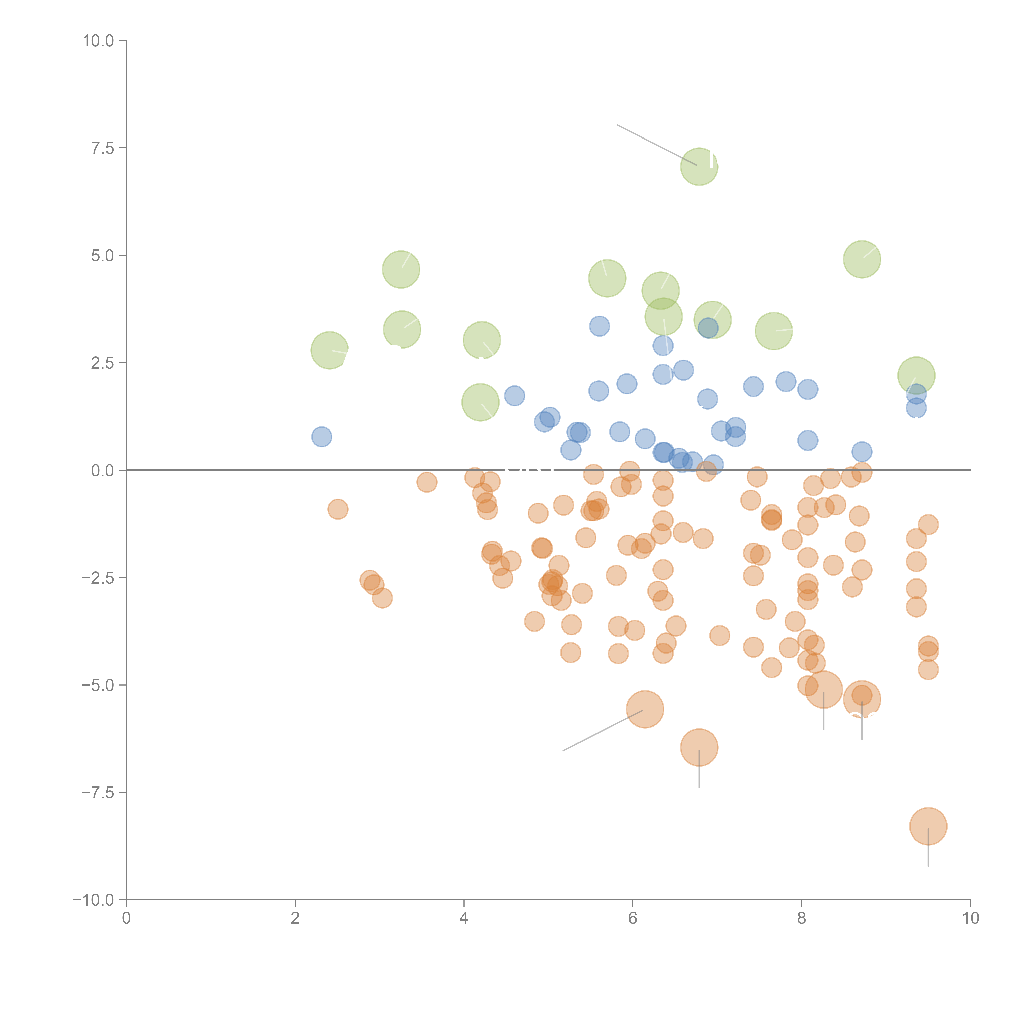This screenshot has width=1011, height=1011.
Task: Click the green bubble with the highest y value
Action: [699, 166]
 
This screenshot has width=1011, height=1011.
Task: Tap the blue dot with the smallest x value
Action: [321, 436]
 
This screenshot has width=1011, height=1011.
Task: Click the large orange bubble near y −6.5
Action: [699, 747]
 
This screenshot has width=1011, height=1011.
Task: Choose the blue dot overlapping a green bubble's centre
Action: [708, 328]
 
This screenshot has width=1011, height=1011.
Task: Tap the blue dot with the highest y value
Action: [599, 326]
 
